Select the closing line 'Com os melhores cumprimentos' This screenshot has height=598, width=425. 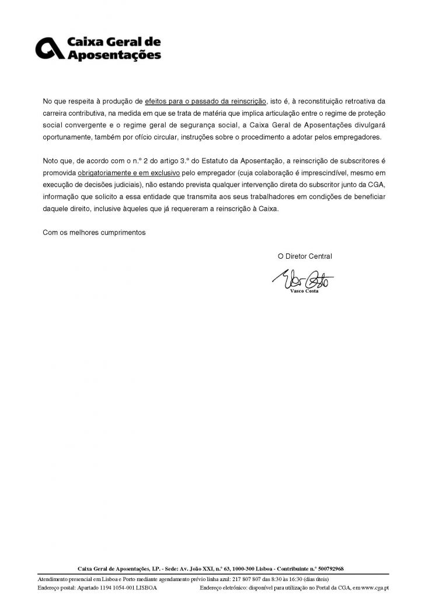94,232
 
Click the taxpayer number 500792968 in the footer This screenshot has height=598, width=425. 327,568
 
